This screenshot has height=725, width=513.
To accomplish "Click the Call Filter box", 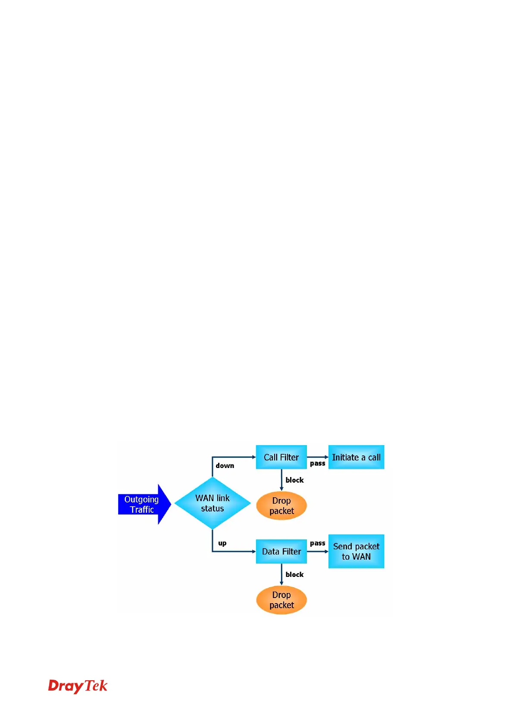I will tap(281, 457).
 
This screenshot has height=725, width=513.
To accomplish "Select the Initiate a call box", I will tap(356, 457).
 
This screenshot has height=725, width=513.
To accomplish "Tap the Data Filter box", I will tap(281, 551).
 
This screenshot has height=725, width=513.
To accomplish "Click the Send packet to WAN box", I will tap(356, 551).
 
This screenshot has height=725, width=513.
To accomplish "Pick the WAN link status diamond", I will tap(212, 503).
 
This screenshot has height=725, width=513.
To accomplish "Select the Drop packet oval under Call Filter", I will tap(281, 506).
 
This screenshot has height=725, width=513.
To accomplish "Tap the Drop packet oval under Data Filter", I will tap(281, 600).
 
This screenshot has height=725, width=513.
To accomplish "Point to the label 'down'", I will tap(225, 466).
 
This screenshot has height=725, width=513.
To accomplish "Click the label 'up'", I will tap(222, 543).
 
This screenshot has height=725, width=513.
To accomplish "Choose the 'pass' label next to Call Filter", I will tap(318, 464).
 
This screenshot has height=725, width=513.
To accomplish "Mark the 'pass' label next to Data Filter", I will tap(318, 543).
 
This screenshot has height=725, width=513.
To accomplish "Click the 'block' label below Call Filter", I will tap(294, 480).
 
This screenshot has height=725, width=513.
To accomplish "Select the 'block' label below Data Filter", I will tap(294, 574).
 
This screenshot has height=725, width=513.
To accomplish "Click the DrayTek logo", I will tap(78, 686).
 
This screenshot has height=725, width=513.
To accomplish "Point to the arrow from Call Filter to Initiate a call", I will tap(318, 457).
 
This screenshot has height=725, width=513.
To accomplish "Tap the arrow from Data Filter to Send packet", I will tap(318, 551).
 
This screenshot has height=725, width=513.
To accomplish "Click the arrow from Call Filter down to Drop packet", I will tap(282, 480).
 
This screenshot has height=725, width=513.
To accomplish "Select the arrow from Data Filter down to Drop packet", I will tap(282, 574).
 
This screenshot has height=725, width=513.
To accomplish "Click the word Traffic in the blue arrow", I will tap(142, 510).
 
